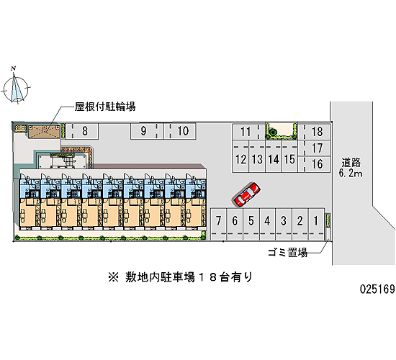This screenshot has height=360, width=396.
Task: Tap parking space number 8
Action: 81,131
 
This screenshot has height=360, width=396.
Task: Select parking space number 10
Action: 180,131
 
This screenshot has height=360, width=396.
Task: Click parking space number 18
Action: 314,132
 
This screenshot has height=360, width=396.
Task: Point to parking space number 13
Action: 257,159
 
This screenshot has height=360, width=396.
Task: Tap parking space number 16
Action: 314,164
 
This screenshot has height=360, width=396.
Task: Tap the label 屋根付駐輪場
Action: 105,107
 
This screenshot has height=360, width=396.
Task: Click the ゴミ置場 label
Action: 288,253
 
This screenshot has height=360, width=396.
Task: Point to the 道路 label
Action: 351,163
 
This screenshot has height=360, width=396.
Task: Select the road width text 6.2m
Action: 351,174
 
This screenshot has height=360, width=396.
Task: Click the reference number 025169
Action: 377,289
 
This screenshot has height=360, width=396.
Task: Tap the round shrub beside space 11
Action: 272,132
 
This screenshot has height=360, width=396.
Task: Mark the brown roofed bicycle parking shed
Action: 44,131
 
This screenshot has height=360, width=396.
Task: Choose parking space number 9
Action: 147,131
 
